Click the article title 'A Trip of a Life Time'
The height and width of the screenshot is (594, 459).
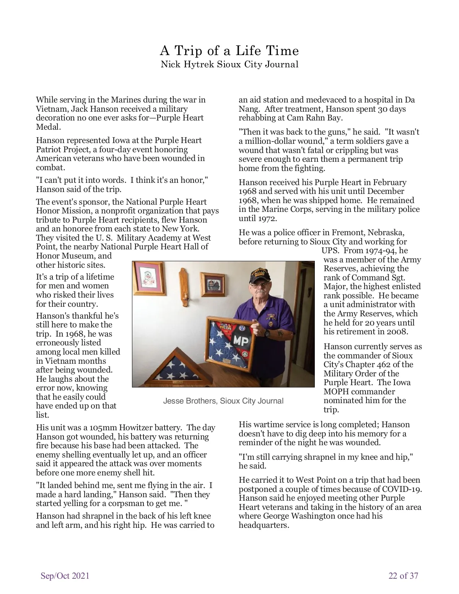[x=229, y=51]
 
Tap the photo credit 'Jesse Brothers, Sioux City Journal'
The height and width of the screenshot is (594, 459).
[x=223, y=401]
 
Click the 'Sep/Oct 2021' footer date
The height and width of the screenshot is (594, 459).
[x=65, y=576]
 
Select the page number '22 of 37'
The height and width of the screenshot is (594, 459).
[x=403, y=576]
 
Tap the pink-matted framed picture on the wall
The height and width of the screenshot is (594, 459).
[x=149, y=278]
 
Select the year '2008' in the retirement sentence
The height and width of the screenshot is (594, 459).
[x=397, y=332]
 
